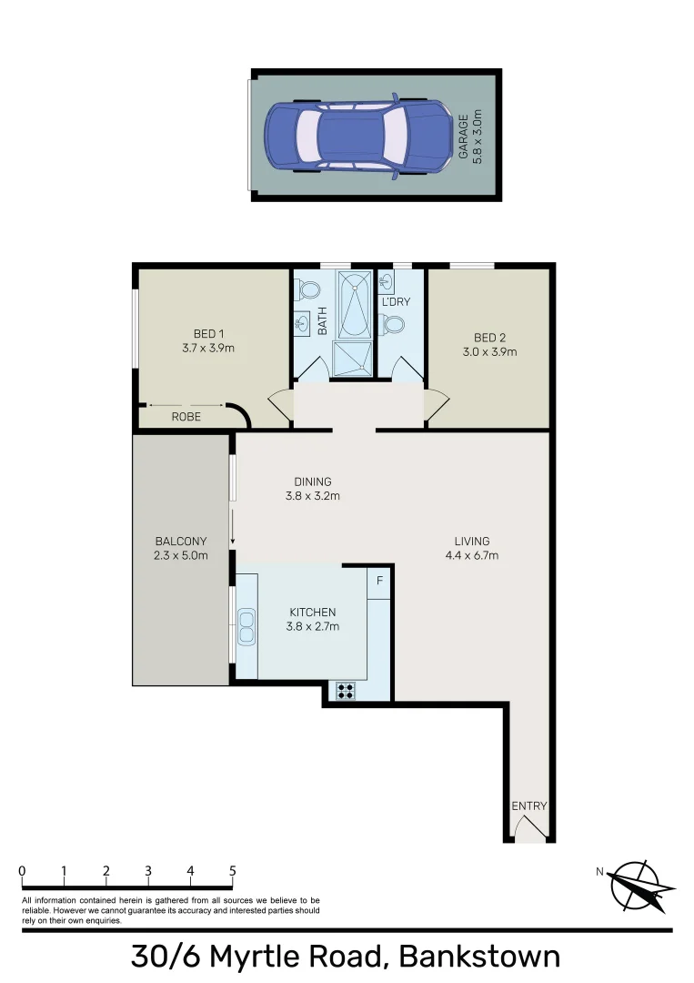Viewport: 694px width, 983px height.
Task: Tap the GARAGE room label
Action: (463, 136)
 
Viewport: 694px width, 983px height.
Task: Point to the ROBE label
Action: (186, 417)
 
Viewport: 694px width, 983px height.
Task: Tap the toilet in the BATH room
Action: (309, 290)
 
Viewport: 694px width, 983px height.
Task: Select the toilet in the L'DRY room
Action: (394, 323)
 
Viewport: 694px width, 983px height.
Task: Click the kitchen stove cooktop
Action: (346, 691)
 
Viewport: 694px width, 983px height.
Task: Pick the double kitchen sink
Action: (246, 623)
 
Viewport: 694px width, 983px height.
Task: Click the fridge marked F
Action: (379, 580)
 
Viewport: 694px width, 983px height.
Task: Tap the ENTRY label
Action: (528, 806)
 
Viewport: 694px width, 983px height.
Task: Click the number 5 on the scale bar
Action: (232, 871)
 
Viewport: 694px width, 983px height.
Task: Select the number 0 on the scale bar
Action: (22, 871)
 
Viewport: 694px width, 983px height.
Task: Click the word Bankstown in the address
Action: (479, 958)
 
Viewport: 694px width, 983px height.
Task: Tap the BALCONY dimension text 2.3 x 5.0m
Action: (181, 555)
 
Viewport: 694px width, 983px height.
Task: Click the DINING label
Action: (312, 481)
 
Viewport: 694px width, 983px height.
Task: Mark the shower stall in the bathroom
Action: (354, 357)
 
